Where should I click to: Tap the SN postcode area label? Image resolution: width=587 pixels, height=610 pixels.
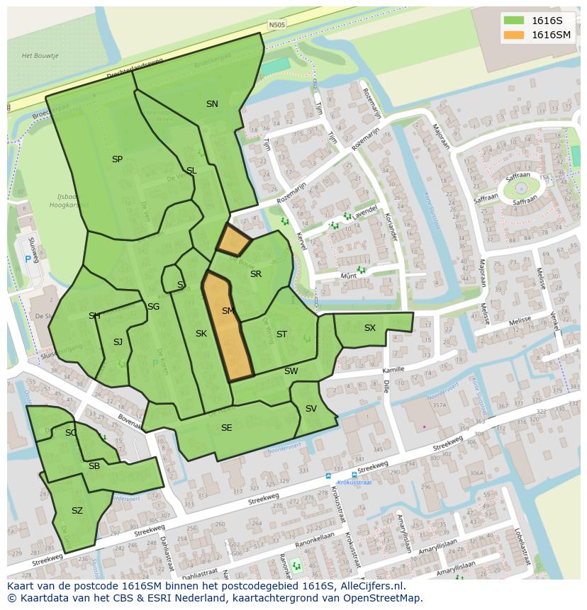pos(212,103)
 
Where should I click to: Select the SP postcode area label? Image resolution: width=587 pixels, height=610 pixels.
pos(117,159)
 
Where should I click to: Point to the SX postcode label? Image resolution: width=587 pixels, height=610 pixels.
pos(370,328)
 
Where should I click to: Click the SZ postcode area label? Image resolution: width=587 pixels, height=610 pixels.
pos(77,510)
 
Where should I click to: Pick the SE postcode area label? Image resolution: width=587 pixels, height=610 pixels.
pos(226,428)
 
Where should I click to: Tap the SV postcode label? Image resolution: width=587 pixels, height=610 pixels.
pos(311,409)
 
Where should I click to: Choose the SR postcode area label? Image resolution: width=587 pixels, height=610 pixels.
pos(256,274)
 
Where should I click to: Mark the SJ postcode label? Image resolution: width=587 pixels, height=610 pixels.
pos(118,342)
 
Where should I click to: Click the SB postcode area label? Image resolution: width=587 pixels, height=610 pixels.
pos(94,466)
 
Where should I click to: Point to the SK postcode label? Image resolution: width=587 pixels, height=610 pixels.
pos(201,334)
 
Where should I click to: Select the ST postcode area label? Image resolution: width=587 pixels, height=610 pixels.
pos(281,334)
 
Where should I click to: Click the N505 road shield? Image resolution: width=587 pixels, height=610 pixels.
pos(277,26)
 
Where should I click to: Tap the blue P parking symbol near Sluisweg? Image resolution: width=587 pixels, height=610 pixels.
pos(28,259)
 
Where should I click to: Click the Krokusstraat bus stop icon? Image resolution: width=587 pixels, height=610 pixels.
pos(328,476)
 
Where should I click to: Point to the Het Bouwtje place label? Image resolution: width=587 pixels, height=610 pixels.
pos(40,55)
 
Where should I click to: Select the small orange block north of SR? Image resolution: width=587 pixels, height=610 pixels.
pos(233,241)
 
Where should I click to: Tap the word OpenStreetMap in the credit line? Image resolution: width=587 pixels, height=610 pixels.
pos(384,598)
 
